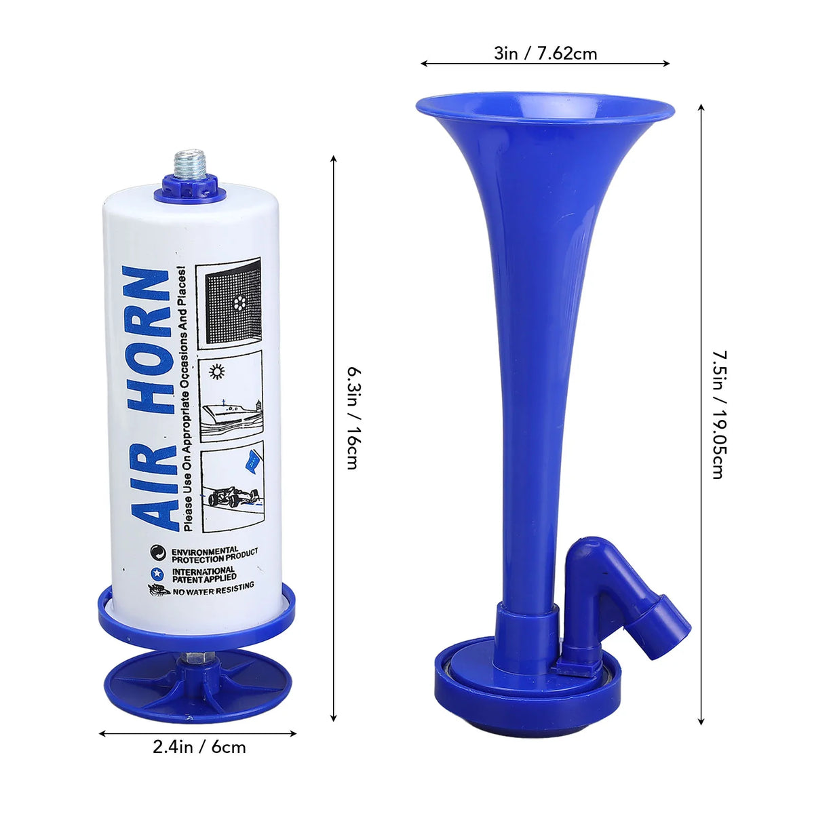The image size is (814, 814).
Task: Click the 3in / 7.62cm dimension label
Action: pyautogui.click(x=545, y=54)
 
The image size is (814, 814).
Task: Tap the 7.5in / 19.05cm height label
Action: pyautogui.click(x=720, y=414)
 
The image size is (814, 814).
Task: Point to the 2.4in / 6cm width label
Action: pyautogui.click(x=199, y=747)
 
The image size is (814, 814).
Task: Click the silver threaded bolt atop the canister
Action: pyautogui.click(x=190, y=164)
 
